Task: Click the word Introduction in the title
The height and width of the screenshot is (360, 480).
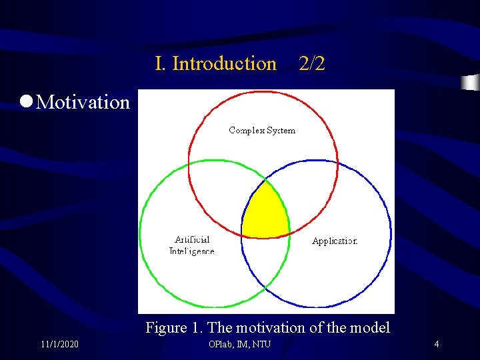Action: tap(224, 64)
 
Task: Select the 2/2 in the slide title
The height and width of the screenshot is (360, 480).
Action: tap(312, 64)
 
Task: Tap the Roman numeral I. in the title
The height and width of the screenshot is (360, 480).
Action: tap(161, 64)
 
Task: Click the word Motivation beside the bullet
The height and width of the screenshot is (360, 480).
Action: tap(83, 102)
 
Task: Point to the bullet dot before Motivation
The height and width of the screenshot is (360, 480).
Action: tap(26, 101)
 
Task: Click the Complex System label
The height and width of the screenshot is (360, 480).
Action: tap(262, 130)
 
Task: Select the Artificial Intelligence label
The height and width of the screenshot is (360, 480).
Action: tap(192, 245)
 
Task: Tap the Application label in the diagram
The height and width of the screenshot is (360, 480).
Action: tap(335, 241)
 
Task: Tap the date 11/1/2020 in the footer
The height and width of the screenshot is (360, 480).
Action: tap(59, 344)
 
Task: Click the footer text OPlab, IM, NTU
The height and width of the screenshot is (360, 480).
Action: tap(239, 344)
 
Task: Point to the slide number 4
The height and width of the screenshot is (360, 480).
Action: tap(436, 344)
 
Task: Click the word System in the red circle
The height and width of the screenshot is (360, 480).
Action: tap(280, 130)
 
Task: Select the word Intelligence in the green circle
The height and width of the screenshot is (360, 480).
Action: tap(192, 251)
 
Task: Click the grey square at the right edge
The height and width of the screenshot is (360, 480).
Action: tap(471, 83)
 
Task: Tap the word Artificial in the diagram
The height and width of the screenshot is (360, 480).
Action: tap(192, 239)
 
